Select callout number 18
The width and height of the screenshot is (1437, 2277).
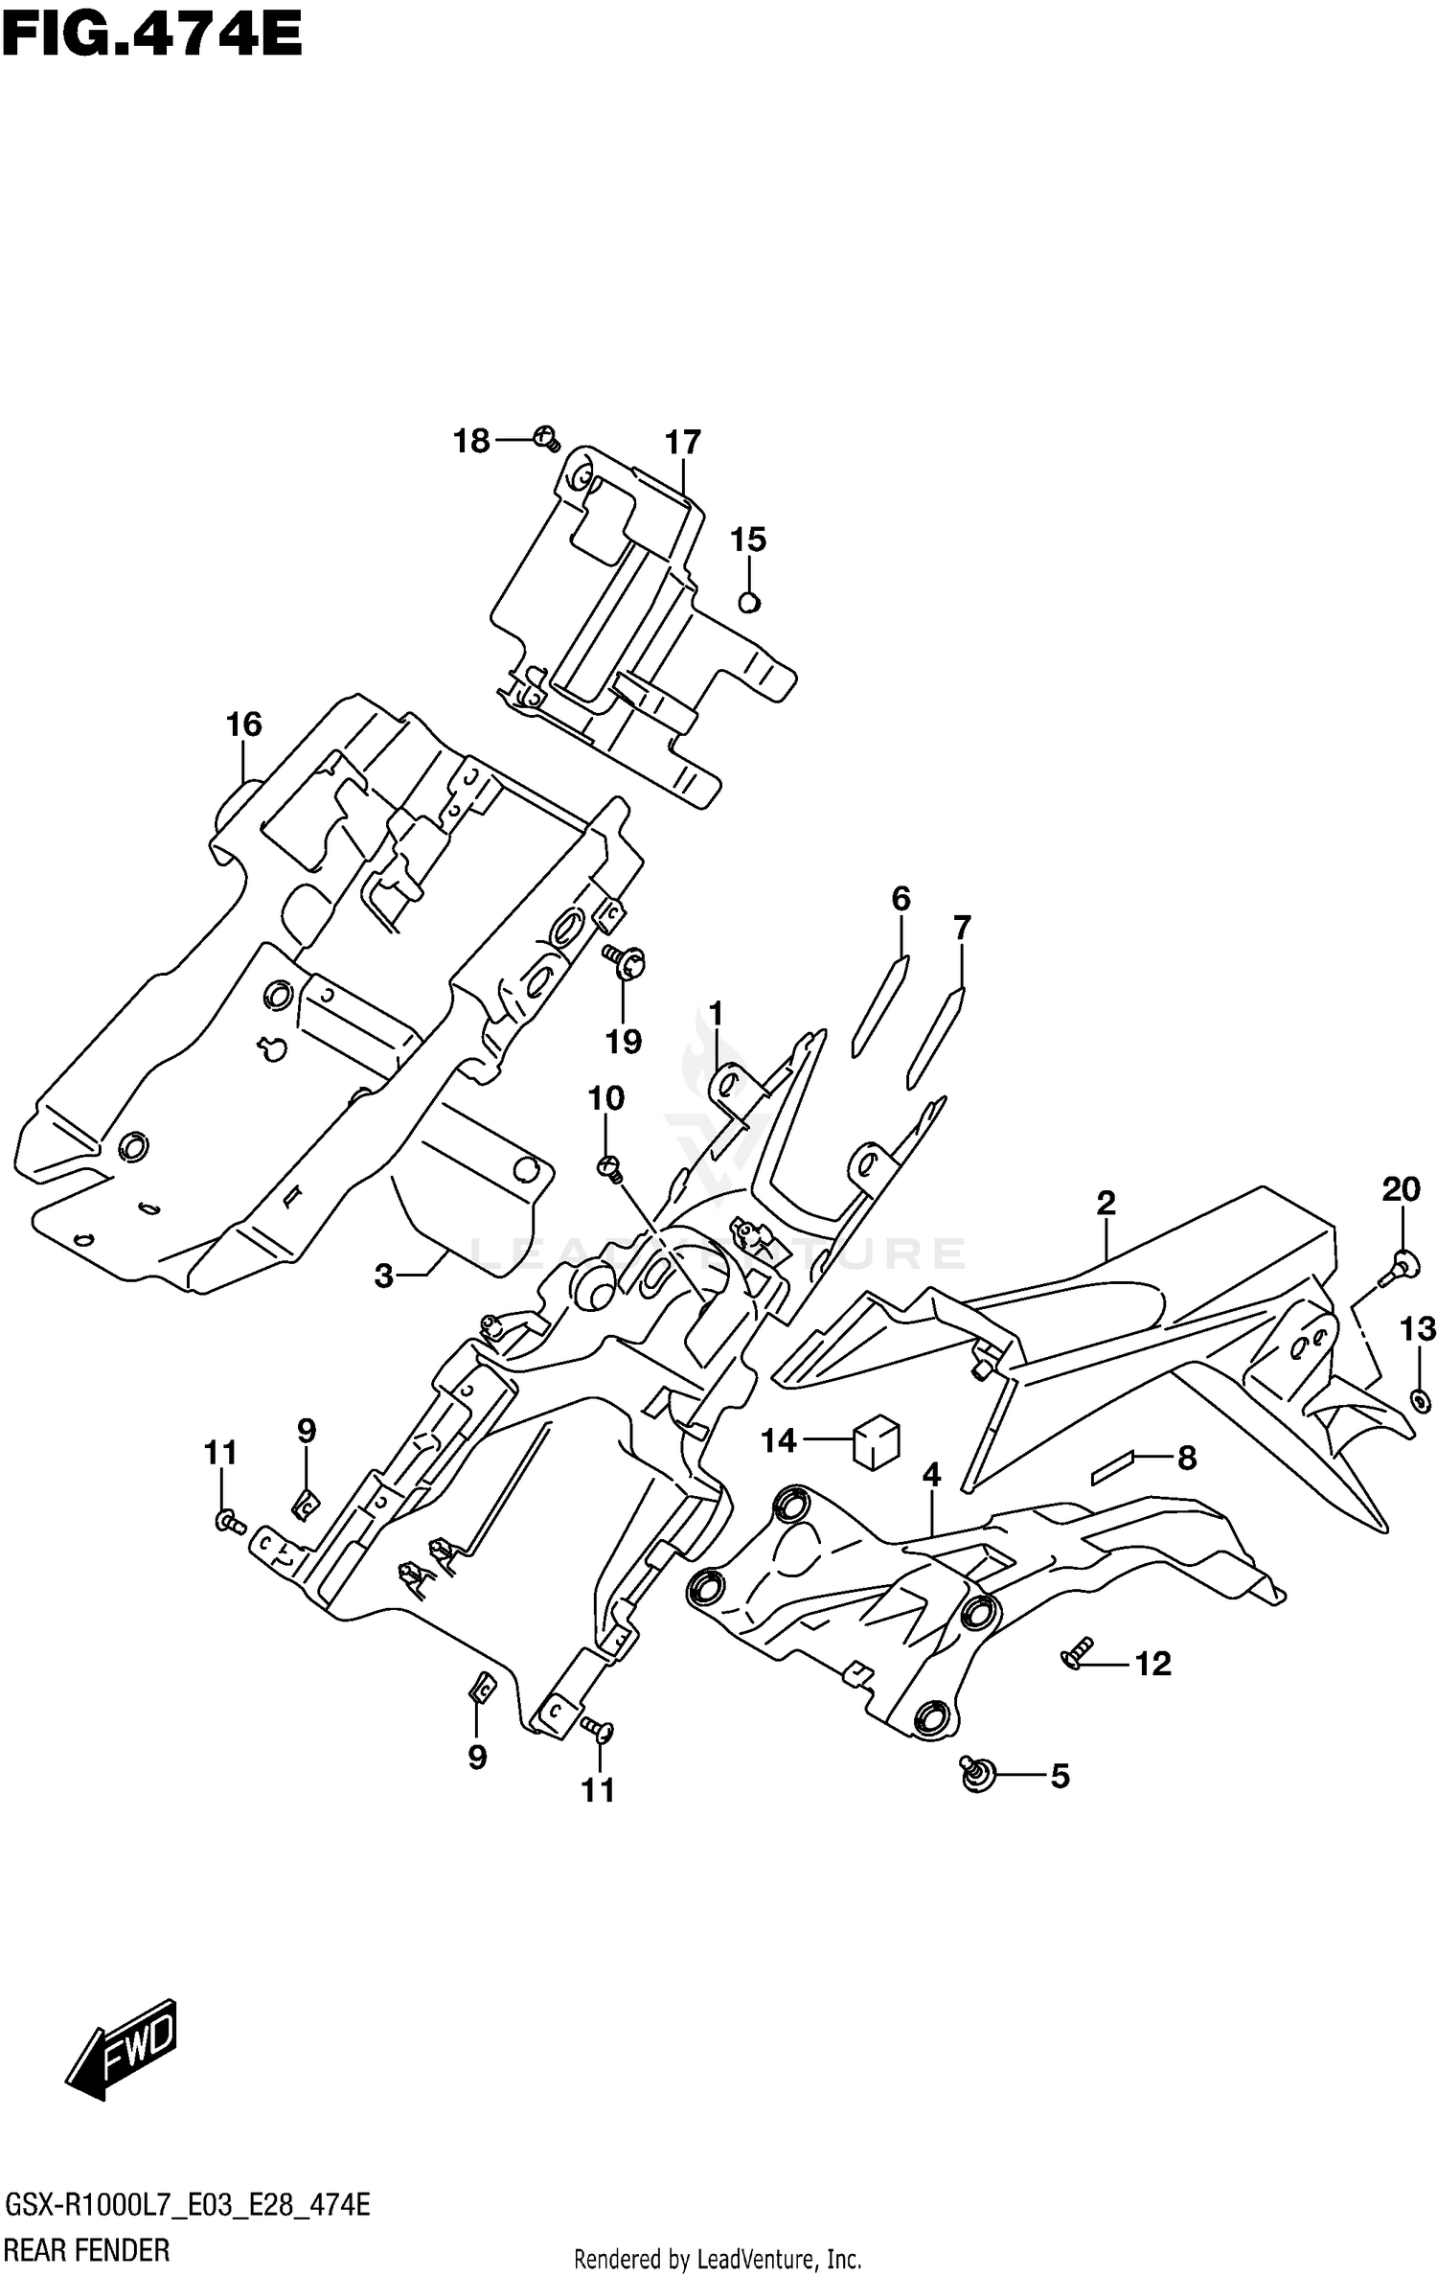click(x=471, y=442)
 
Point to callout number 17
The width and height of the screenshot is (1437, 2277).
click(x=683, y=443)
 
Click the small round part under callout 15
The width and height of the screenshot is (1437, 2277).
click(x=749, y=603)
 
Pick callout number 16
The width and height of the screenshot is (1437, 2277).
click(x=244, y=724)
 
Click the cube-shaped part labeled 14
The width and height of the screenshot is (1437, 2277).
click(x=877, y=1443)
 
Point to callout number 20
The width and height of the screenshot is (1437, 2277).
click(x=1401, y=1190)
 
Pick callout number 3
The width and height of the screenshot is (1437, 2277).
click(x=383, y=1276)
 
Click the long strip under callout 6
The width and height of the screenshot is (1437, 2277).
click(x=879, y=1006)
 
